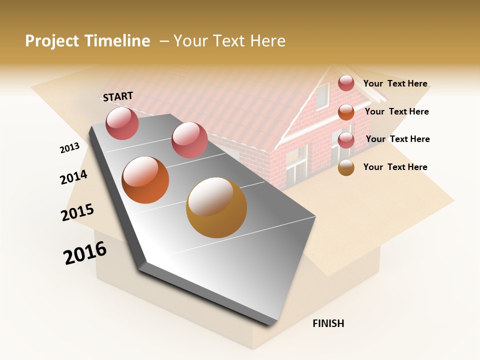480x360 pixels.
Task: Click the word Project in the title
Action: coord(52,41)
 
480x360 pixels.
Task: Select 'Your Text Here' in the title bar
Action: coord(229,41)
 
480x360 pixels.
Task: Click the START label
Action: coord(118,96)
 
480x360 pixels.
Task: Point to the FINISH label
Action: coord(328,323)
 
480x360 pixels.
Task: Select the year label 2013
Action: coord(69,148)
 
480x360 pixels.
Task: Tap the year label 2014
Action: coord(73,177)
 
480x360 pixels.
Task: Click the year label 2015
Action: coord(77,212)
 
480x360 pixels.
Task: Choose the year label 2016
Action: coord(85,253)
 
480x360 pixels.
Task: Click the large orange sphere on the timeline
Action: coord(145,180)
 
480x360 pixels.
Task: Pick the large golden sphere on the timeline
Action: coord(216,207)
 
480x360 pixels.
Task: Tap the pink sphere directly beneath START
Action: coord(122,123)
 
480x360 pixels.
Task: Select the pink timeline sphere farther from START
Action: coord(189,139)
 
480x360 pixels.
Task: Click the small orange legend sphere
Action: coord(346,112)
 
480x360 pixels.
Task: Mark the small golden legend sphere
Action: coord(346,167)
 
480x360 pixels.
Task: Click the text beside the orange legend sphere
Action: coord(396,111)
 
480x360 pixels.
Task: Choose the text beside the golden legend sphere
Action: coord(395,167)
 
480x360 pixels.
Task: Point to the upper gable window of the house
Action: coord(322,96)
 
